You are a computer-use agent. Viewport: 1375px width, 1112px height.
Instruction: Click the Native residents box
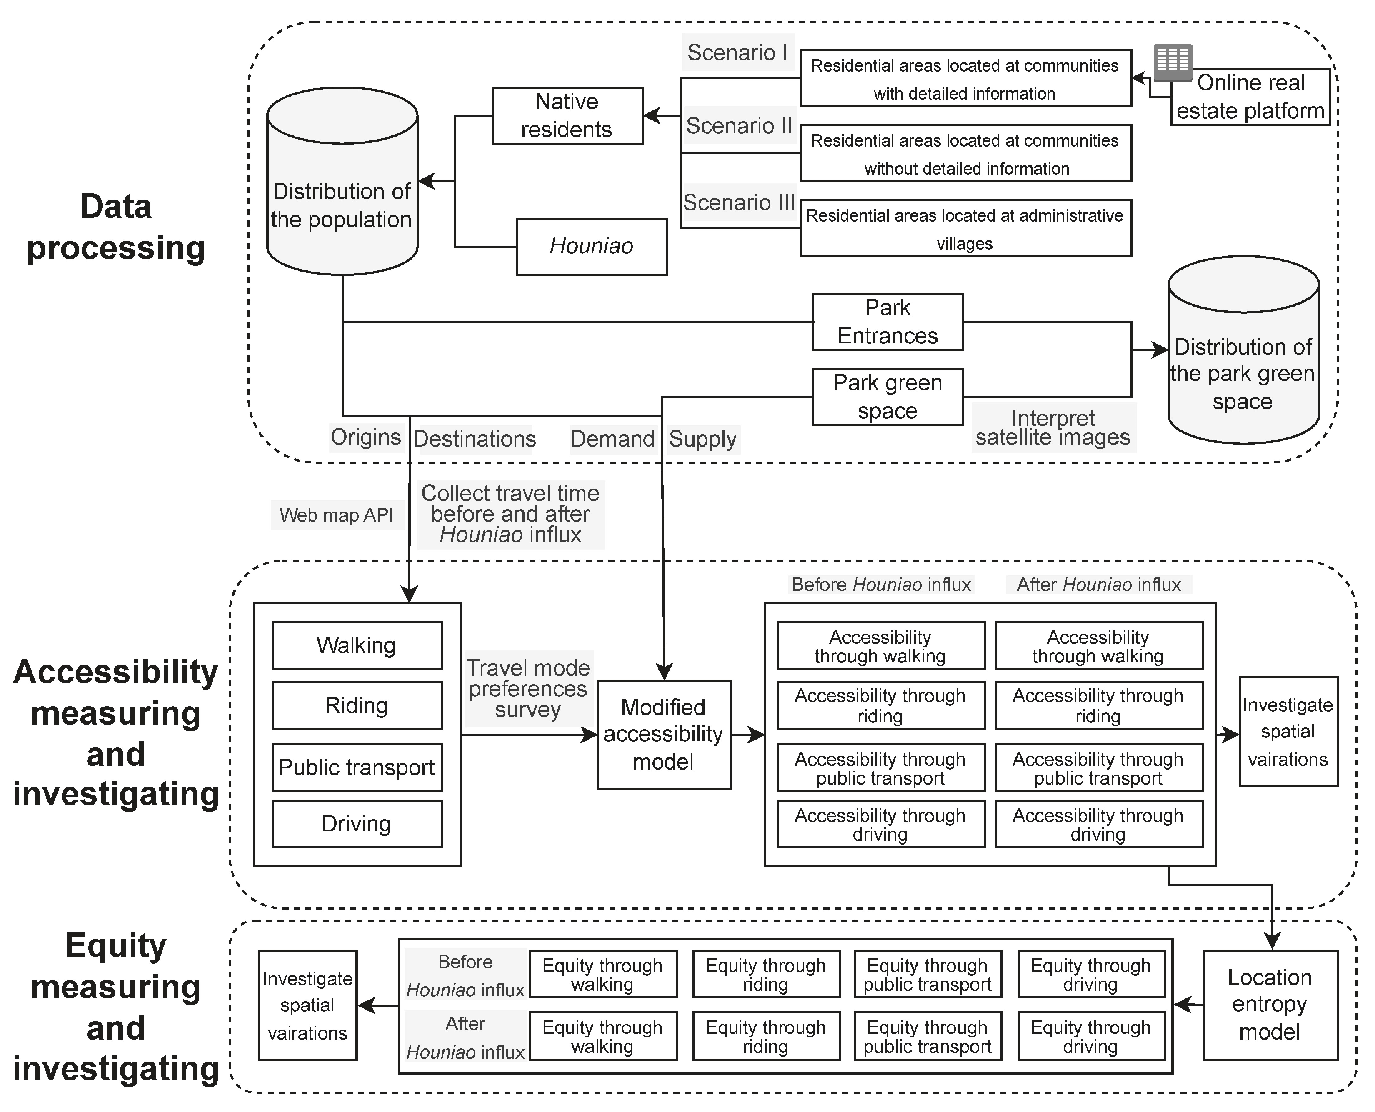click(567, 116)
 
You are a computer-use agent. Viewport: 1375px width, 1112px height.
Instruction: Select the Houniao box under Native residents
click(592, 247)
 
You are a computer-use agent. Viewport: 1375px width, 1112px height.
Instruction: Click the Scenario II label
click(739, 125)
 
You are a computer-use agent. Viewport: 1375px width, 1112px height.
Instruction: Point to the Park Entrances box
click(887, 322)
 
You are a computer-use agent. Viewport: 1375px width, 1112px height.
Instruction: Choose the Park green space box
click(887, 397)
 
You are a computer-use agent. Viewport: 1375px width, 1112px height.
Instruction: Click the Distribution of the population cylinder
click(342, 181)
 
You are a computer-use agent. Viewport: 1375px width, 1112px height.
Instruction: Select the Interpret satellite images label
click(1053, 427)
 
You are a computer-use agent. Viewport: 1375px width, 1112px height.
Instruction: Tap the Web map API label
click(337, 515)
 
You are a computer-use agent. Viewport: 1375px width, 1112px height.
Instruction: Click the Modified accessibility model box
click(664, 735)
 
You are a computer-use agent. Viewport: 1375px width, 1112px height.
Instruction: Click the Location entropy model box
click(1270, 1005)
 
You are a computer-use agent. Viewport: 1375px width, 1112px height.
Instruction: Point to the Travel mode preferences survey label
click(528, 689)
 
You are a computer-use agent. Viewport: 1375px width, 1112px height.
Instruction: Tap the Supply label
click(703, 440)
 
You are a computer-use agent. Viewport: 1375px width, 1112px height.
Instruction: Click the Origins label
click(366, 437)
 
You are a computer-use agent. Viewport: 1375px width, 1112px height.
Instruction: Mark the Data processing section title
click(116, 227)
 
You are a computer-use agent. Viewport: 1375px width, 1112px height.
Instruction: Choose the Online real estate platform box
click(1251, 97)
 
